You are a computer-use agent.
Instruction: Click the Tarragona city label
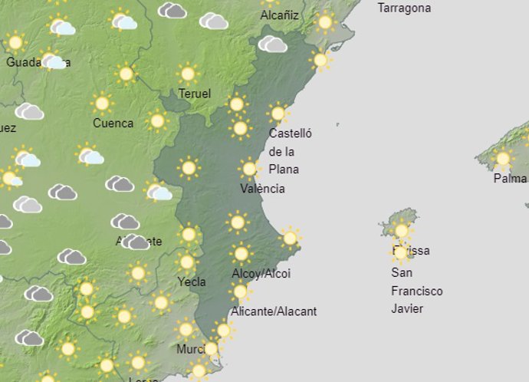coord(404,8)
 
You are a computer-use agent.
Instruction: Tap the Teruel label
coord(193,94)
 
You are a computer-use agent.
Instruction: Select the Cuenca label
coord(113,123)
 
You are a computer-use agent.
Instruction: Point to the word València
coord(262,189)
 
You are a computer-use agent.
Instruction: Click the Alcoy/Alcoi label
coord(261,274)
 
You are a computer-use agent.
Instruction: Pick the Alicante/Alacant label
coord(274,311)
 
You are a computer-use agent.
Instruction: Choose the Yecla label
coord(192,282)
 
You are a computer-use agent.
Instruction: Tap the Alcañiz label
coord(280,15)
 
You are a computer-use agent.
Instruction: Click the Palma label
coord(510,179)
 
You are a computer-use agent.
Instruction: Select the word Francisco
coord(417,291)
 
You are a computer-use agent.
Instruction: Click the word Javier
coord(407,309)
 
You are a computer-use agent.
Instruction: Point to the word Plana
coord(284,170)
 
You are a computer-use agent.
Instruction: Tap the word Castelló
coord(291,133)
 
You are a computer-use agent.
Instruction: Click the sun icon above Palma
coord(503,159)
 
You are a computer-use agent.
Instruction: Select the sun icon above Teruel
coord(188,74)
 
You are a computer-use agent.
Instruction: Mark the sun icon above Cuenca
coord(101,103)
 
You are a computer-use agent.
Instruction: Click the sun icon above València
coord(248,169)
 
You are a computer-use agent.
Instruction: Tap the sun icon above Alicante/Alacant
coord(240,291)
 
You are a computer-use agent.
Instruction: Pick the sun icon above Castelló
coord(278,114)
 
